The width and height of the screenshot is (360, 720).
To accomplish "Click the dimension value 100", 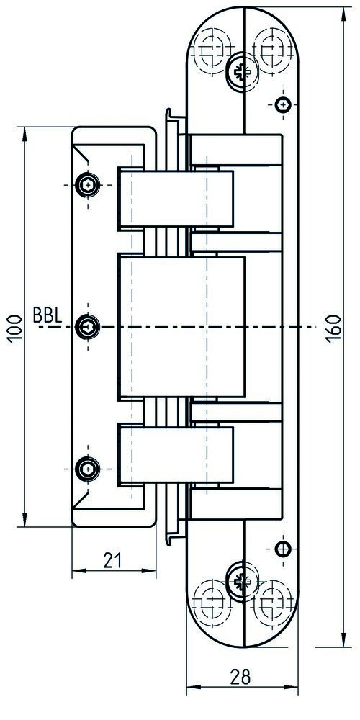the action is point(14,328).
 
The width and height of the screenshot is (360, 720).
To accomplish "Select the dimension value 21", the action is point(112,560).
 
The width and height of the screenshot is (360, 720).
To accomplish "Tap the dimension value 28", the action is point(240,676).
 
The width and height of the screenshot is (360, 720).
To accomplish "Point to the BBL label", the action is point(48,315).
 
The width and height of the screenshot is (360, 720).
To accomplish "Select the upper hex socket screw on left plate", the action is point(87,185).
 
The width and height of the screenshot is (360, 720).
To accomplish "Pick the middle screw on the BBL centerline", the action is point(87,327).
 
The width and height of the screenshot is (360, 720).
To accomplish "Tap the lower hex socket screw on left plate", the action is point(87,469).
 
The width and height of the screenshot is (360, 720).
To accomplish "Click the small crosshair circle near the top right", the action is point(283,105).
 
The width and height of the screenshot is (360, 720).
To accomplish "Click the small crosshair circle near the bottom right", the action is point(282,549).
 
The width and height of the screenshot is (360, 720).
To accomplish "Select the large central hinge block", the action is point(182,327).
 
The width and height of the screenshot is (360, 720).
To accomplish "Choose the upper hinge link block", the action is point(176,199).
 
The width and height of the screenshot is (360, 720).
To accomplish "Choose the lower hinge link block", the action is point(176,455).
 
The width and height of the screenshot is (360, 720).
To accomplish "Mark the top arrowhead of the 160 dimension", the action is point(343,14).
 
